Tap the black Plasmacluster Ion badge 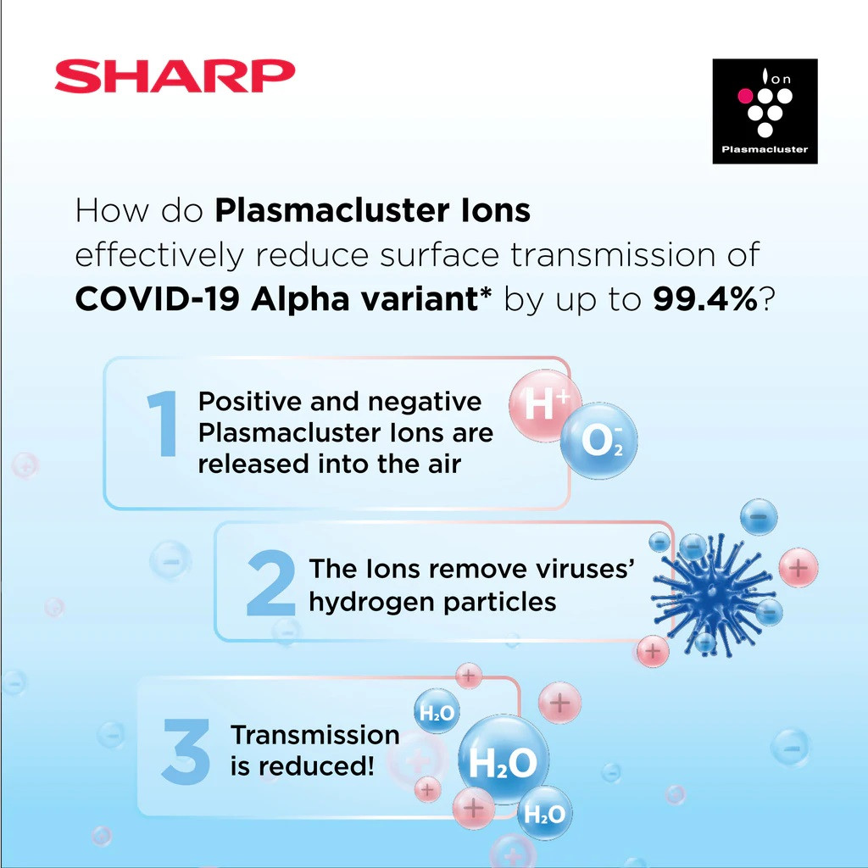(x=765, y=111)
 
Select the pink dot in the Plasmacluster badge (x=745, y=96)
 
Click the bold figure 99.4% (x=704, y=299)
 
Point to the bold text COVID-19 (x=157, y=299)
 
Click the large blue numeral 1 (x=162, y=424)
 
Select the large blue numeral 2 (x=270, y=582)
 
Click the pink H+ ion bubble (x=545, y=406)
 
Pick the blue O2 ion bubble (x=599, y=441)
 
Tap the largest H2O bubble (x=504, y=760)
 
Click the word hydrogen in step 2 (x=373, y=603)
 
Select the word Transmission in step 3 (x=315, y=735)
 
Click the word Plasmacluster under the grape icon (x=765, y=149)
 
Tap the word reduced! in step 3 (x=316, y=766)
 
